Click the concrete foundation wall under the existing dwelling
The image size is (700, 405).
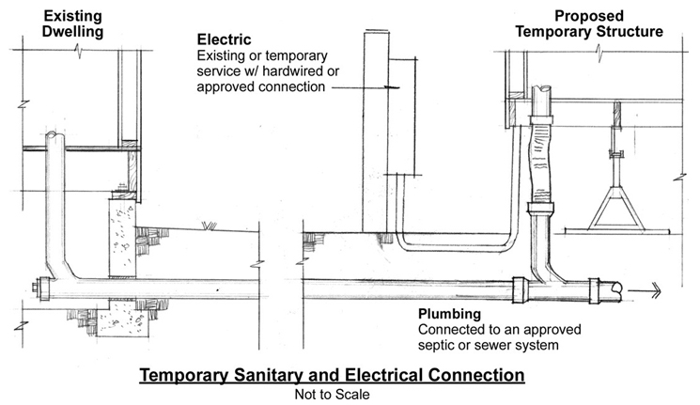tap(125, 235)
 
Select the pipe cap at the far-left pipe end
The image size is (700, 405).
tap(34, 288)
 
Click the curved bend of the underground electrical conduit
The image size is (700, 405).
tap(403, 243)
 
